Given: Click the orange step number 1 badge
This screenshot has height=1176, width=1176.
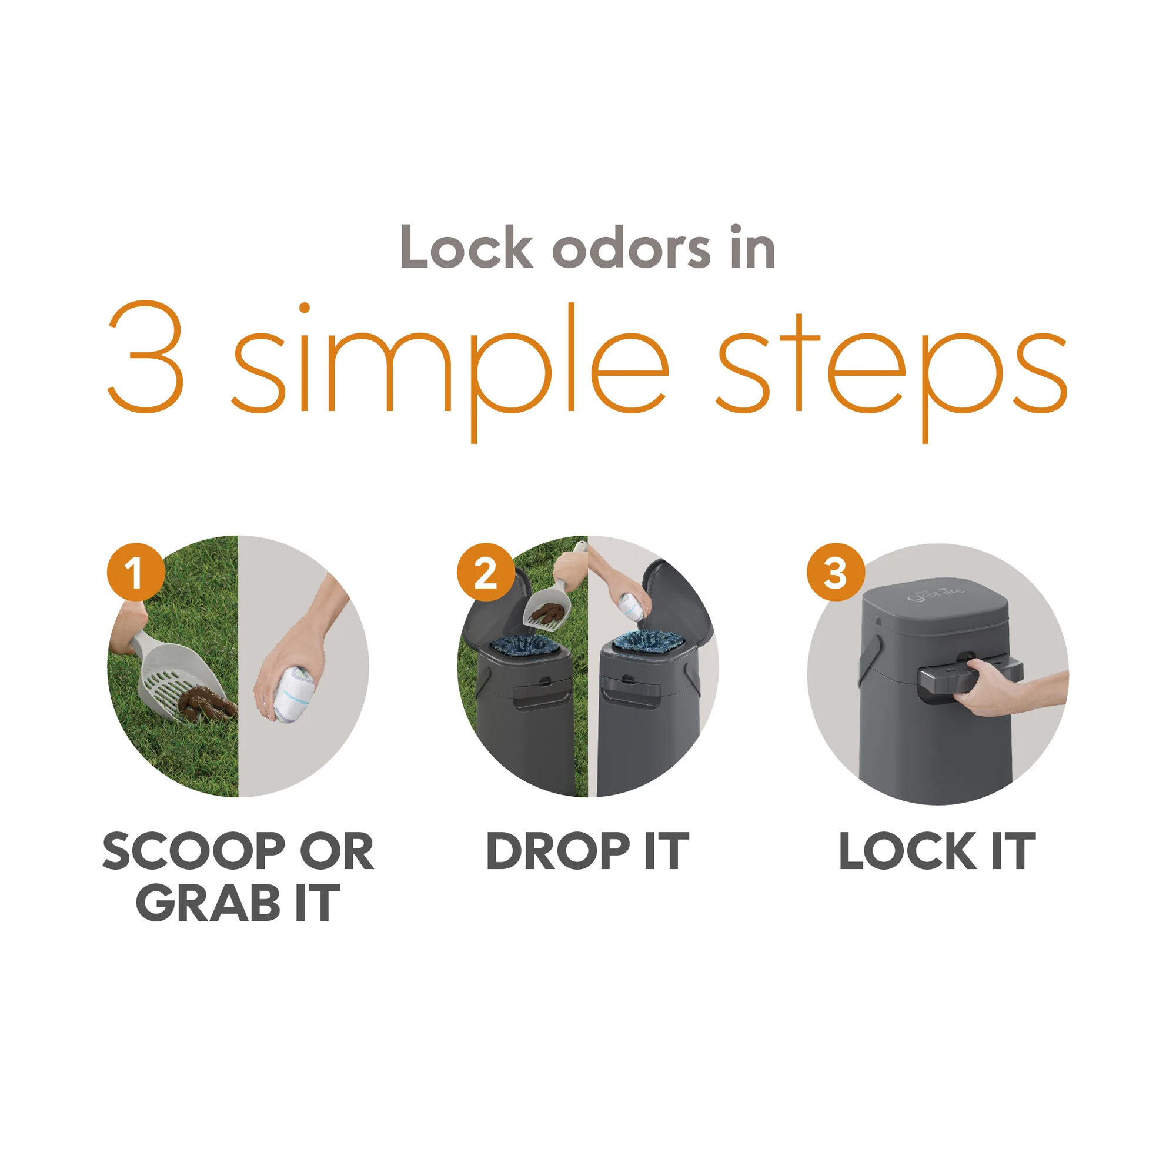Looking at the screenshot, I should pyautogui.click(x=136, y=572).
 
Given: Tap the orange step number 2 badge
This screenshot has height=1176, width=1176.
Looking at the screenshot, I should pyautogui.click(x=486, y=572).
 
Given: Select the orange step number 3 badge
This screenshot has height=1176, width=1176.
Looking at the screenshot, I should pyautogui.click(x=836, y=572).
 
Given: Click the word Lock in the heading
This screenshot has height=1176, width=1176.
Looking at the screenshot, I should pyautogui.click(x=467, y=247).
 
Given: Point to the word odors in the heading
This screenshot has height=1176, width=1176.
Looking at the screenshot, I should pyautogui.click(x=631, y=247).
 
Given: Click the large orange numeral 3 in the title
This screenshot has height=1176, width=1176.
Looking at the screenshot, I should pyautogui.click(x=146, y=357).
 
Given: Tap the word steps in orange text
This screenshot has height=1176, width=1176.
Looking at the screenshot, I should pyautogui.click(x=891, y=365).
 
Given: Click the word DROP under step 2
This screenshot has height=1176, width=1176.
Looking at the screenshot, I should pyautogui.click(x=557, y=851).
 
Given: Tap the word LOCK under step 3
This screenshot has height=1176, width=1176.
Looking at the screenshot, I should pyautogui.click(x=907, y=851).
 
